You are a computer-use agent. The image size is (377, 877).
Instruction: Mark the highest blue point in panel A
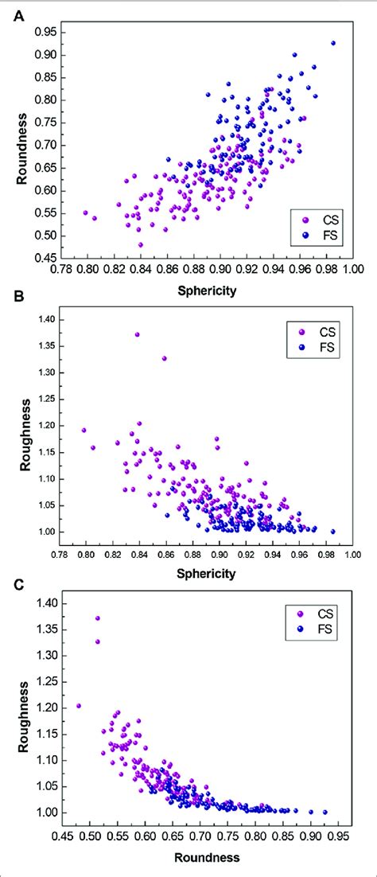tap(333, 43)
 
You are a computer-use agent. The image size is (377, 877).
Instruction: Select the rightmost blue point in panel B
tap(333, 532)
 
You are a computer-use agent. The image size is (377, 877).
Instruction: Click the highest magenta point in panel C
tap(98, 618)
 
